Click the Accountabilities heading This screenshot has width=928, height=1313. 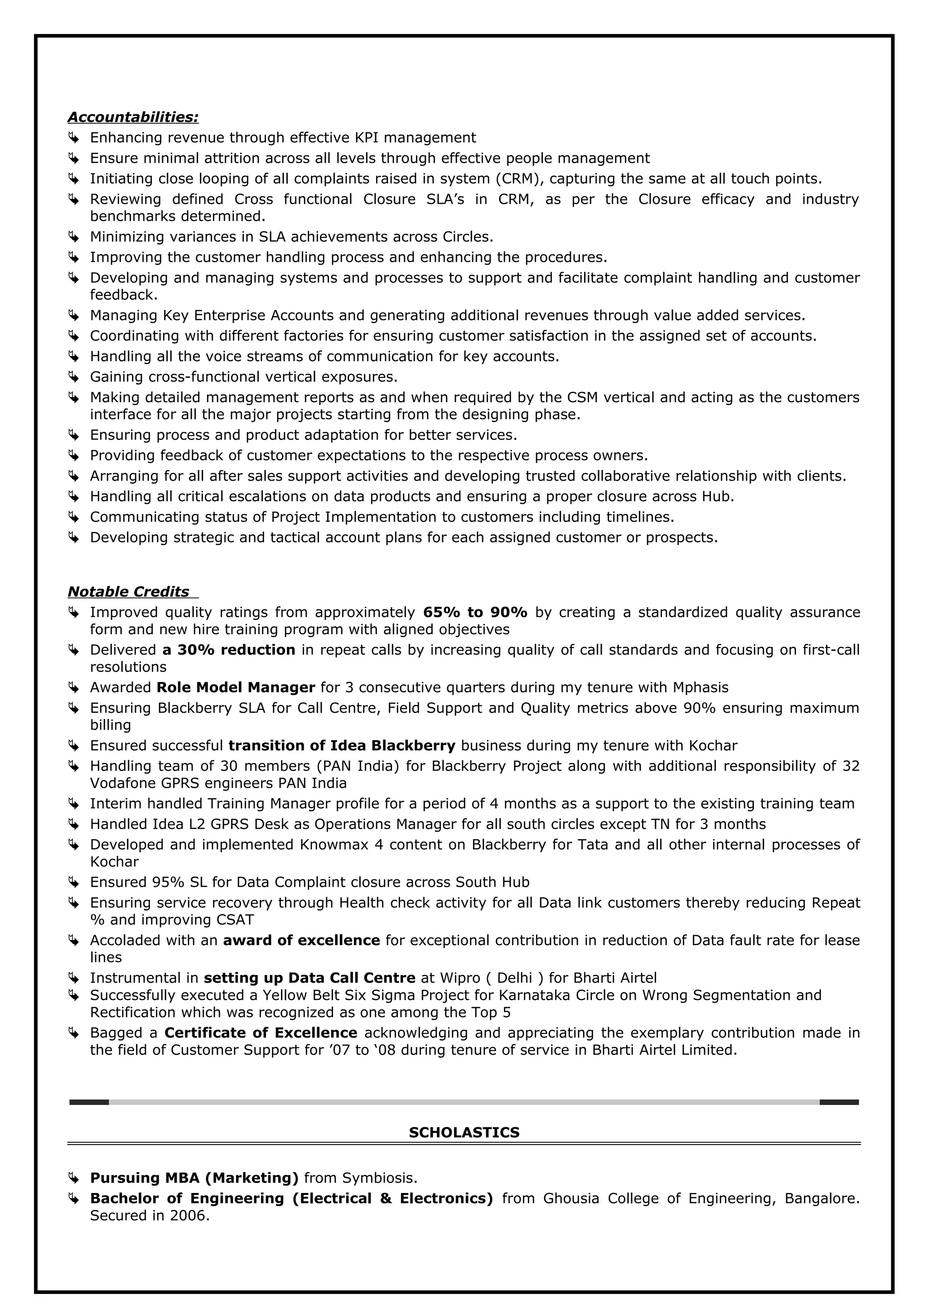click(133, 117)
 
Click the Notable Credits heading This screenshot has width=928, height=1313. click(128, 591)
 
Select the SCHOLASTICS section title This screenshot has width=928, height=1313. click(464, 1132)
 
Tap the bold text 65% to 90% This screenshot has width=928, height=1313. click(474, 613)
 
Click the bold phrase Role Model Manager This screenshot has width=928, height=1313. click(236, 687)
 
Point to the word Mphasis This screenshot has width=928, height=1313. click(701, 687)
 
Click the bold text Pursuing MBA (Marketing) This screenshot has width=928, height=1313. click(194, 1178)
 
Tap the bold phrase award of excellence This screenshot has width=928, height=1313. click(301, 940)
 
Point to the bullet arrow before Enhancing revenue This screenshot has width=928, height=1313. click(73, 138)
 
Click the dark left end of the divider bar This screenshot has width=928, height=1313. click(89, 1102)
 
